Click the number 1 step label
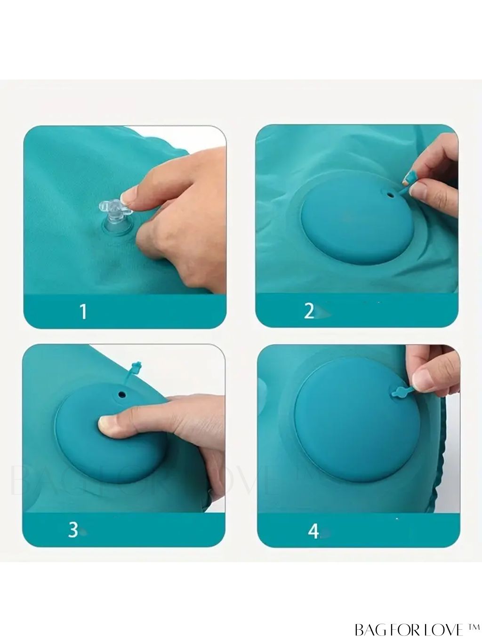(x=84, y=311)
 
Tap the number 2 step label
(x=309, y=311)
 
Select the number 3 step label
(x=73, y=530)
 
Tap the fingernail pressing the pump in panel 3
(x=104, y=423)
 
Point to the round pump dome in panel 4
(x=357, y=423)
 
